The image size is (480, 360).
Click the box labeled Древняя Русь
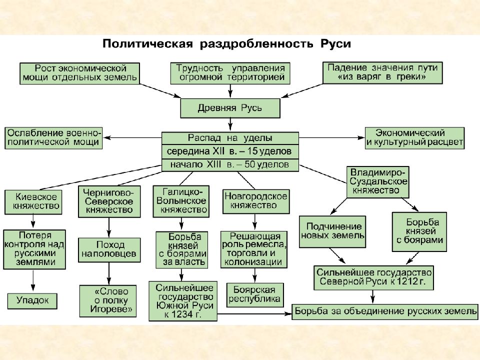pyautogui.click(x=230, y=108)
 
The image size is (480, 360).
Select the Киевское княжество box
pyautogui.click(x=33, y=202)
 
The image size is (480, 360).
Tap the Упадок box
pyautogui.click(x=32, y=300)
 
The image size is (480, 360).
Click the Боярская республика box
pyautogui.click(x=254, y=294)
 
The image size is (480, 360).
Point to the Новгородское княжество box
pyautogui.click(x=255, y=201)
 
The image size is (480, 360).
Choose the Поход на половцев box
pyautogui.click(x=109, y=250)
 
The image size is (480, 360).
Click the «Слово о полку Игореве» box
pyautogui.click(x=108, y=301)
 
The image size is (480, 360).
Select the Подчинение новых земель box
pyautogui.click(x=332, y=231)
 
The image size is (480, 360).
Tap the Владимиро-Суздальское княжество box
pyautogui.click(x=378, y=182)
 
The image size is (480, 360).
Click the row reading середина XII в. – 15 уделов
pyautogui.click(x=230, y=151)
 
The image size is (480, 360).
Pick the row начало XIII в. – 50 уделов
pyautogui.click(x=230, y=165)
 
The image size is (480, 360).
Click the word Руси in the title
pyautogui.click(x=336, y=44)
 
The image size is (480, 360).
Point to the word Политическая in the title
pyautogui.click(x=148, y=44)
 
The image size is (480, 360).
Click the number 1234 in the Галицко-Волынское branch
pyautogui.click(x=182, y=314)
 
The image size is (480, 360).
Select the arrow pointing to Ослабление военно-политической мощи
pyautogui.click(x=132, y=138)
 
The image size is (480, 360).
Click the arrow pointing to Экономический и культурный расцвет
pyautogui.click(x=332, y=138)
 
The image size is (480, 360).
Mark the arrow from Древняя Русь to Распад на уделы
pyautogui.click(x=230, y=125)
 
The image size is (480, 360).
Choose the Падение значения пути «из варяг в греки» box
pyautogui.click(x=382, y=73)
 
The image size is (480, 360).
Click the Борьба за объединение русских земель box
pyautogui.click(x=385, y=311)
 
